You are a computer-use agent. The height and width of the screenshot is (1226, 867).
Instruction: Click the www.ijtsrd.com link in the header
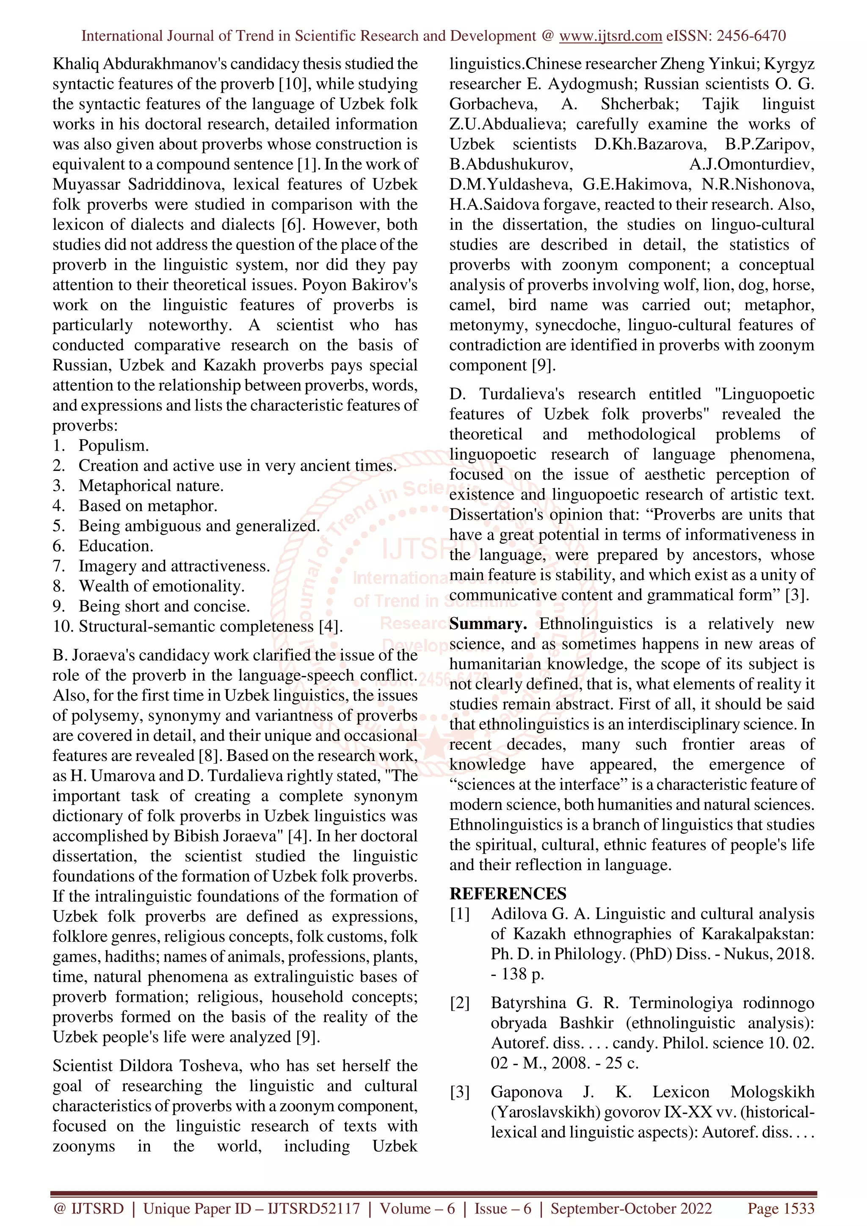610,36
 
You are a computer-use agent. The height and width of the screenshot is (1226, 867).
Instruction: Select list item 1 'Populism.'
114,445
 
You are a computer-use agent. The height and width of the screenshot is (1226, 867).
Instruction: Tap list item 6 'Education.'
116,546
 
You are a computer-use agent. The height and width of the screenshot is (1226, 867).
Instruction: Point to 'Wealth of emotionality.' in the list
161,586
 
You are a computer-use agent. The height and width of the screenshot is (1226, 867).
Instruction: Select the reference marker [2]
459,1003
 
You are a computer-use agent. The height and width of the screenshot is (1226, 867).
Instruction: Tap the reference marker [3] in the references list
459,1092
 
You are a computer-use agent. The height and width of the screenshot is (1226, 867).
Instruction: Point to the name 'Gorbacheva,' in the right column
492,104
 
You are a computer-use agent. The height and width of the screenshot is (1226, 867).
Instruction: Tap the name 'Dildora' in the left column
144,1066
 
